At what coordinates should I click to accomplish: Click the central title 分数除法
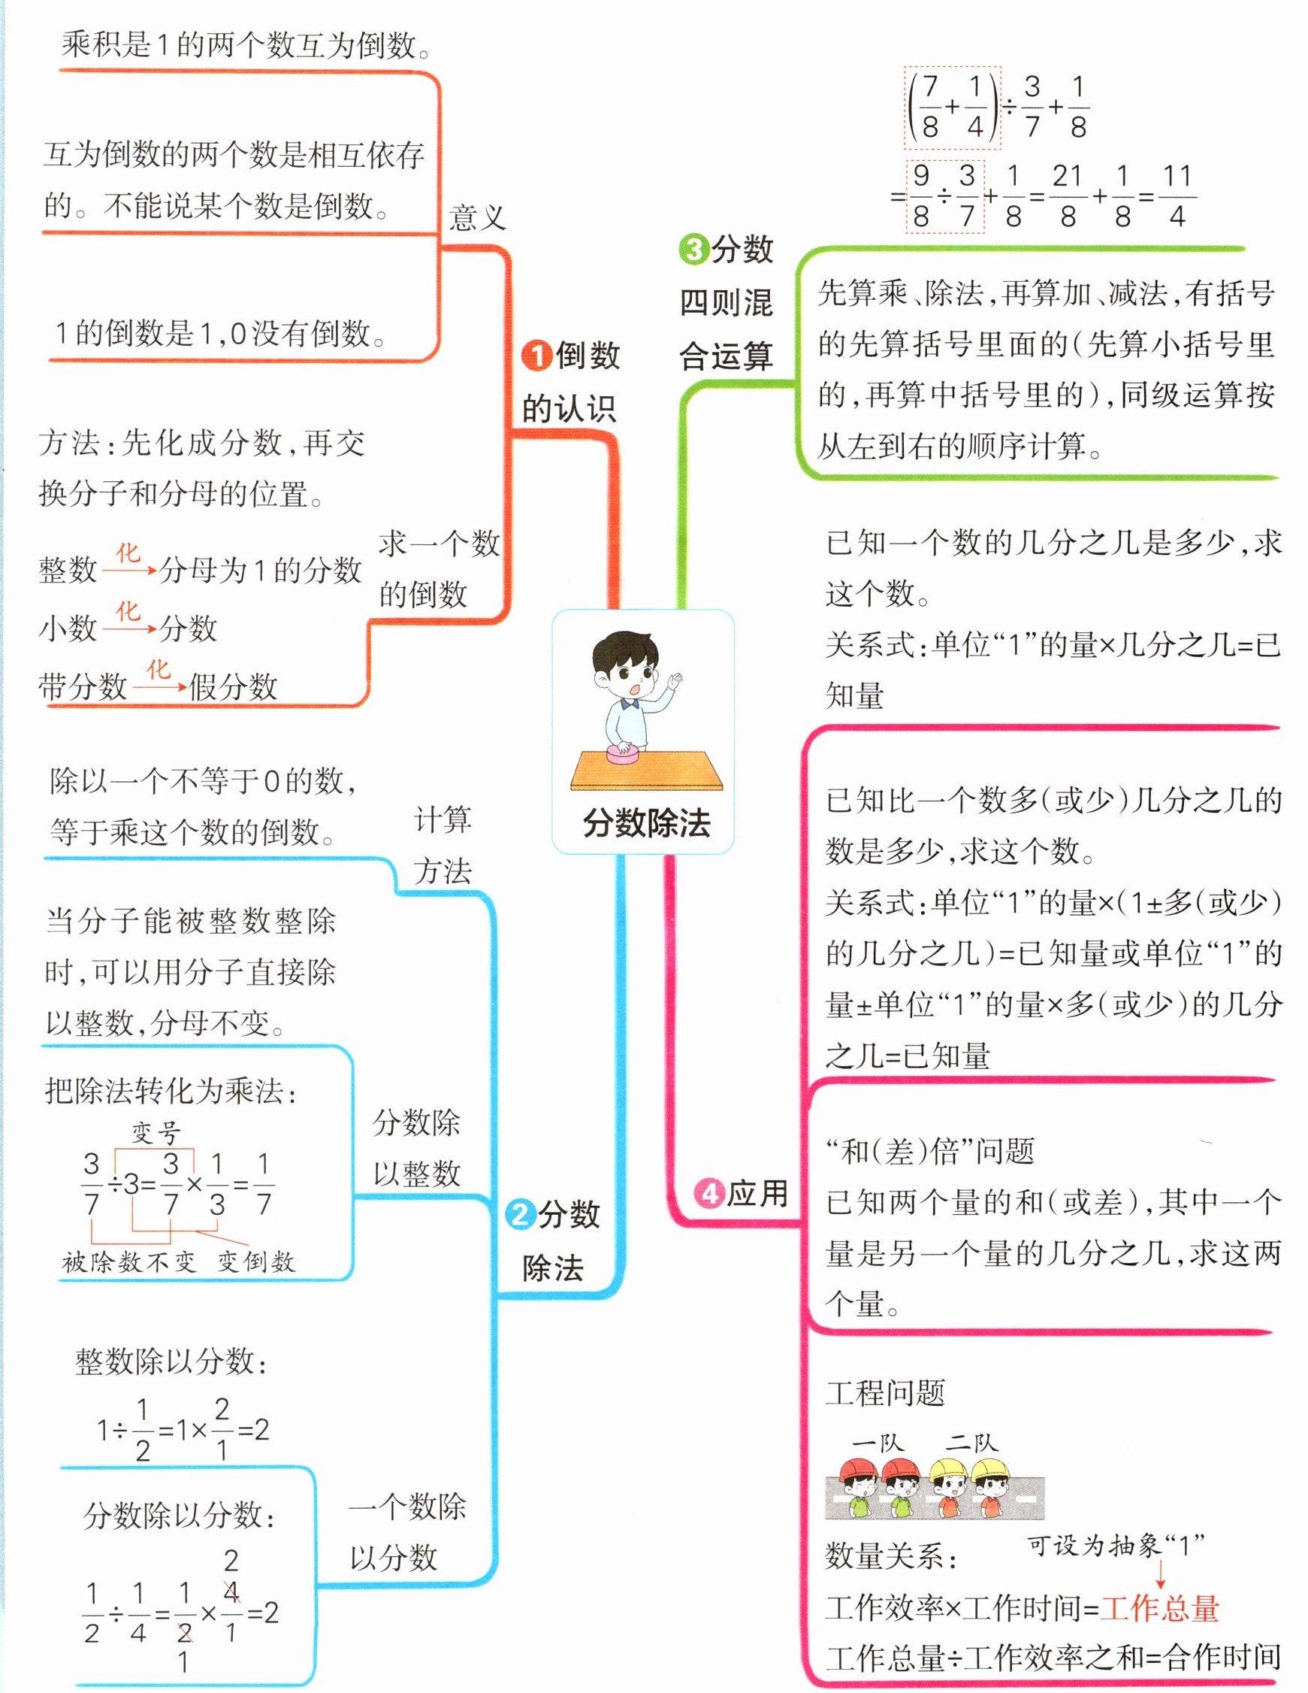(646, 822)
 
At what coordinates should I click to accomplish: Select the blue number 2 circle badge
(520, 1214)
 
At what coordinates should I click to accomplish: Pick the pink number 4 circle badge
(708, 1193)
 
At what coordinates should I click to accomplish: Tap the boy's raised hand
(675, 681)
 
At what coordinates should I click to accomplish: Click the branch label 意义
(477, 218)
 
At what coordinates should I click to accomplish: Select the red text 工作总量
(1159, 1609)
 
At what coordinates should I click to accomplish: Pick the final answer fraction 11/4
(1177, 196)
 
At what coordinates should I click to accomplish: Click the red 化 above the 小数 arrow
(128, 611)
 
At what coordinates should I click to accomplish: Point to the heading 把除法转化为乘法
(171, 1091)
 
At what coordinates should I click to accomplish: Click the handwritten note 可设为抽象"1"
(1116, 1546)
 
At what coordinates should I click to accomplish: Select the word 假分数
(232, 687)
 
